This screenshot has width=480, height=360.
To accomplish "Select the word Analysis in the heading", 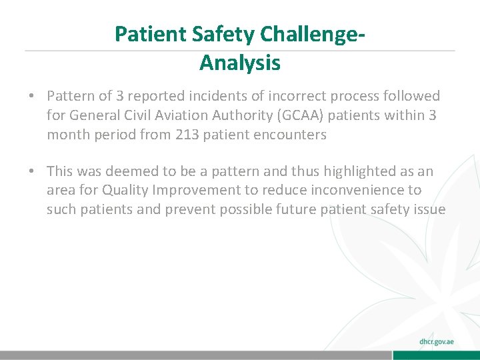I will [240, 63].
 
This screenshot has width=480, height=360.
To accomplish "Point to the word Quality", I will [126, 191].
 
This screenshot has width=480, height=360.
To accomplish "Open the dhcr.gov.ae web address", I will [437, 341].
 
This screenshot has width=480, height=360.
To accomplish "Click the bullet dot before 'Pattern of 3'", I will [31, 97].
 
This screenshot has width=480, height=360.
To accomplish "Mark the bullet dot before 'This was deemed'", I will [31, 172].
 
